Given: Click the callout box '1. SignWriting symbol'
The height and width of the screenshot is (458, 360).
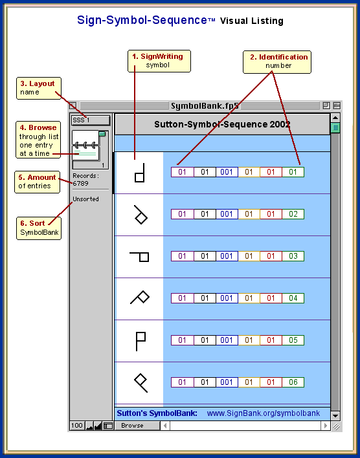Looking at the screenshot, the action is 159,61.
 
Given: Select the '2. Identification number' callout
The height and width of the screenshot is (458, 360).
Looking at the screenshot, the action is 277,62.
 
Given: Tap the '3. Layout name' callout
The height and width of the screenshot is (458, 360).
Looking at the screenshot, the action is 39,88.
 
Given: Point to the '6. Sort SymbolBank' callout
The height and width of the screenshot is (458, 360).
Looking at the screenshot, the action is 39,228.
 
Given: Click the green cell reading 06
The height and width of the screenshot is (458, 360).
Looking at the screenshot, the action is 293,382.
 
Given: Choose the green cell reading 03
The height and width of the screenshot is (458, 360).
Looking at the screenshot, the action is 293,256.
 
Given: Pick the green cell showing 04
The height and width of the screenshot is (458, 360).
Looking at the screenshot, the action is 293,298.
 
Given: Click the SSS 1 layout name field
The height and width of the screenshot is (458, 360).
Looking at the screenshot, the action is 91,120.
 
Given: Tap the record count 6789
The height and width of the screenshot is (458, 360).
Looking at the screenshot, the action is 81,184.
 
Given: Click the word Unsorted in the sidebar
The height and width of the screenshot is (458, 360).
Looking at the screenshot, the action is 85,199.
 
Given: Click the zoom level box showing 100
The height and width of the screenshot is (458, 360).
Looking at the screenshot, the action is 77,426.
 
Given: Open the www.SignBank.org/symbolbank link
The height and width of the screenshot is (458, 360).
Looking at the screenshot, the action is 264,413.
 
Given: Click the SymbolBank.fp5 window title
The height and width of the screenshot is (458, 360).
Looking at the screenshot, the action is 205,105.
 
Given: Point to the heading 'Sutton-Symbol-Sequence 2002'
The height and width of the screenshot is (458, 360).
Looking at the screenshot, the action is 222,124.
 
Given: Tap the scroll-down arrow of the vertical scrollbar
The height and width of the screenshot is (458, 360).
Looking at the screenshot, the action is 335,415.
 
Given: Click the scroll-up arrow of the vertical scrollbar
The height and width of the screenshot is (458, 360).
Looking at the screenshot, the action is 335,118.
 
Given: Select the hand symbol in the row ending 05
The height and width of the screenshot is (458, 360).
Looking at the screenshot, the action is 141,341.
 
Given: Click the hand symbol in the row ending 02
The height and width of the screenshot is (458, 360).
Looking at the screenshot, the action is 141,215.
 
